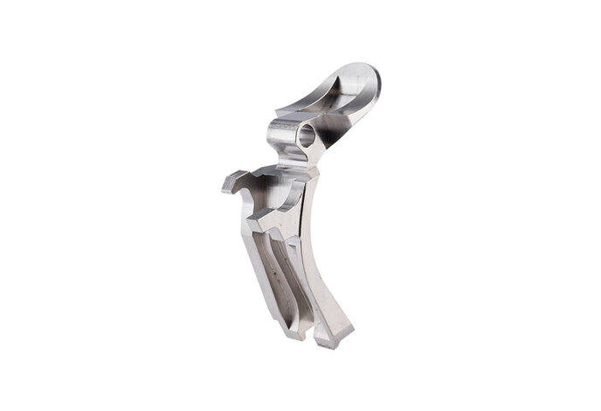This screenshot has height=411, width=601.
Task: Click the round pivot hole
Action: tap(307, 136)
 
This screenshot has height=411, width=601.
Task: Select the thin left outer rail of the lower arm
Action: tap(261, 262)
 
